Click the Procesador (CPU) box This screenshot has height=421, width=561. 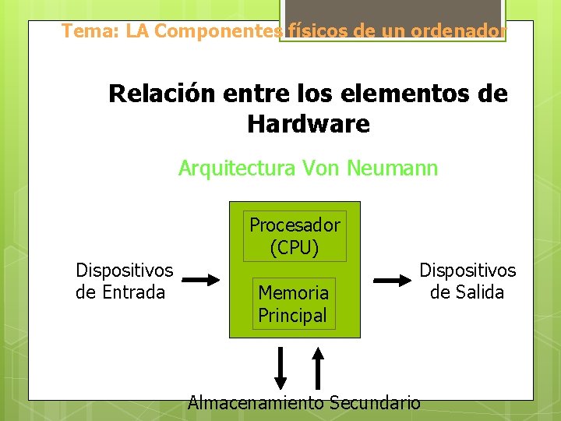(x=295, y=236)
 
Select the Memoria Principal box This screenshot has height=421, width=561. (x=293, y=304)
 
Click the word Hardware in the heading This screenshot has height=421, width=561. (x=309, y=123)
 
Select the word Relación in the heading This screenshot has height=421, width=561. (x=161, y=94)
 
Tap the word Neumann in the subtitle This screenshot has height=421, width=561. (x=393, y=168)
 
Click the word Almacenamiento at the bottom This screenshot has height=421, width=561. (x=256, y=403)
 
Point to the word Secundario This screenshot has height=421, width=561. (x=375, y=403)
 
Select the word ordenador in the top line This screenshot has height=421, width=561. (x=460, y=31)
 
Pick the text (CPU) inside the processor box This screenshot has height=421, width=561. (x=295, y=248)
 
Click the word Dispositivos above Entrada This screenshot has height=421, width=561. (x=124, y=271)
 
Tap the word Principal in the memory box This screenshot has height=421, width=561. (x=292, y=316)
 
